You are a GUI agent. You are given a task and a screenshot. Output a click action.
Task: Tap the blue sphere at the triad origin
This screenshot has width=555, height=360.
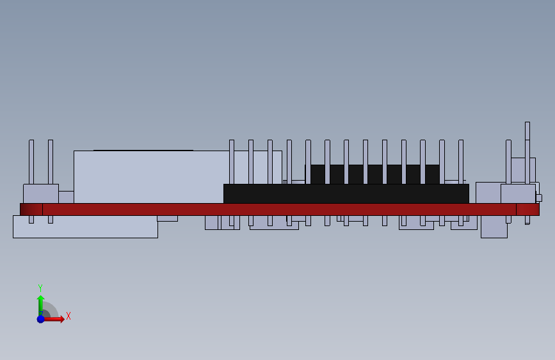click(40, 318)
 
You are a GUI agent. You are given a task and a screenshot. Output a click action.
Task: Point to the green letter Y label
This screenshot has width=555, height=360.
click(40, 288)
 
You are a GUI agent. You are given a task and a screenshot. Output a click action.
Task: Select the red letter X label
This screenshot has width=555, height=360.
click(68, 316)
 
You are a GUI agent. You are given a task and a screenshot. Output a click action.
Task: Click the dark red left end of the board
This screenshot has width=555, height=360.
click(31, 209)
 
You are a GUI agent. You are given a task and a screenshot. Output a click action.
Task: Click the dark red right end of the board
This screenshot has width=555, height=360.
click(527, 209)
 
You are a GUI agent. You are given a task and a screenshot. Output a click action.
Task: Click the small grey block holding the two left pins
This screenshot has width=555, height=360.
click(40, 194)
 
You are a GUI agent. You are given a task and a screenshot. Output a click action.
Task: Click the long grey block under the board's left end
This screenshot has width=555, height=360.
click(85, 227)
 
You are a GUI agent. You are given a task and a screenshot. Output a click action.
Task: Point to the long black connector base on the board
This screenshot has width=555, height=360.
click(346, 194)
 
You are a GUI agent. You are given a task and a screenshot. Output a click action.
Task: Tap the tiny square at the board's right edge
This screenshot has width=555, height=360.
click(539, 198)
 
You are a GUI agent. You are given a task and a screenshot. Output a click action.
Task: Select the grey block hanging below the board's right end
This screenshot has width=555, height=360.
click(494, 227)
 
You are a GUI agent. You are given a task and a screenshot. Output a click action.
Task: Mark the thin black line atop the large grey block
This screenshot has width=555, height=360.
click(143, 151)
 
